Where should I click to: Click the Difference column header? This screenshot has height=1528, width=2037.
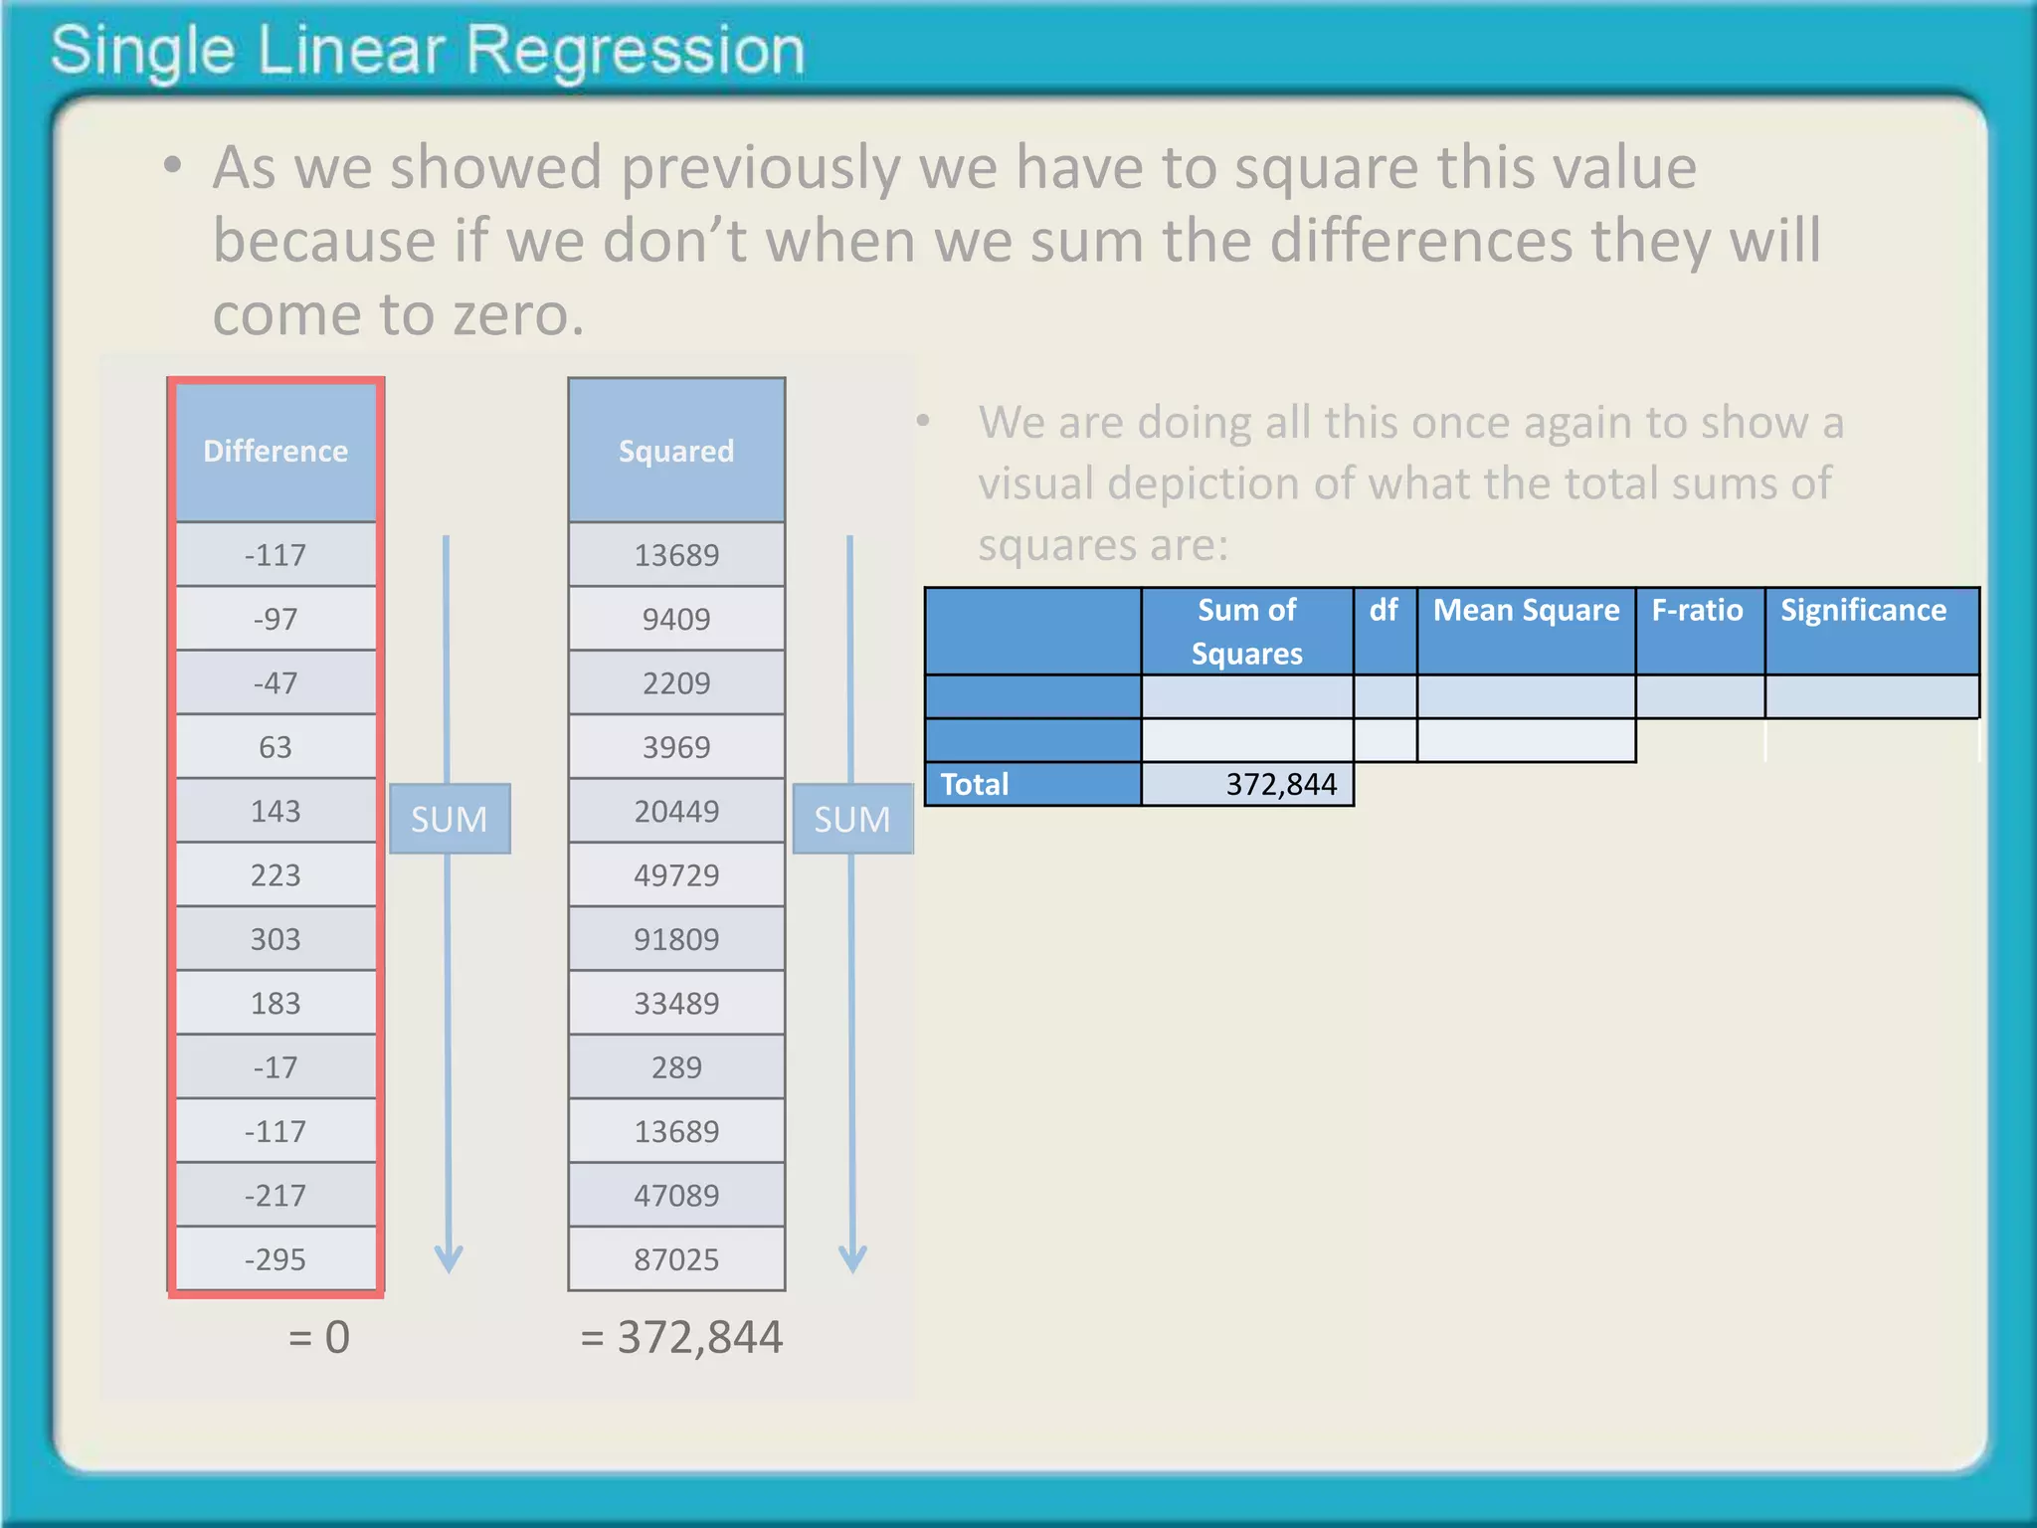point(276,451)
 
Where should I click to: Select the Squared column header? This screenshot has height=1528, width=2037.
point(676,451)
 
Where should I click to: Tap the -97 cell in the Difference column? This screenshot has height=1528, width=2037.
point(276,619)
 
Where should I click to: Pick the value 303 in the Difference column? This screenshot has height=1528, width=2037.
point(276,939)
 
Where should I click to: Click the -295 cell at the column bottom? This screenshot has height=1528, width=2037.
point(276,1259)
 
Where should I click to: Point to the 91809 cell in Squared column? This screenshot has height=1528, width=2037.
point(676,939)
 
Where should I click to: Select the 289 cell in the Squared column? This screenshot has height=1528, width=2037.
point(676,1067)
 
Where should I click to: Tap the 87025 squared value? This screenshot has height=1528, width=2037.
point(676,1259)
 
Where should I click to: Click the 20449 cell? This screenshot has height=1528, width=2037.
point(676,812)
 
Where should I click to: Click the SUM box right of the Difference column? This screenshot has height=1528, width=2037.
point(450,819)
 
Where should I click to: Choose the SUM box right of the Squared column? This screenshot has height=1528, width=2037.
point(852,819)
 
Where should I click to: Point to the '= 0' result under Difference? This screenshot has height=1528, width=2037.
point(319,1337)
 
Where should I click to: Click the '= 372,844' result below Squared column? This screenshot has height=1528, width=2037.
point(682,1337)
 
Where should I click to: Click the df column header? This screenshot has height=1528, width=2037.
point(1384,610)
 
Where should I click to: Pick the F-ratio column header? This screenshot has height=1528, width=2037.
point(1698,610)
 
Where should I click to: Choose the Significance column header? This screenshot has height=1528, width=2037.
point(1864,610)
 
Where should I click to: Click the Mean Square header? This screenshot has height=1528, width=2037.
point(1526,610)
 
